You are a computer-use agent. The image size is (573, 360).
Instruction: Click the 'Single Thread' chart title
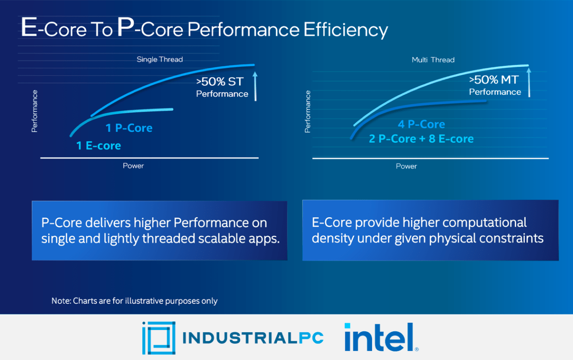pos(159,59)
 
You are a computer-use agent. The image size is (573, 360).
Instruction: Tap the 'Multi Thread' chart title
pos(433,60)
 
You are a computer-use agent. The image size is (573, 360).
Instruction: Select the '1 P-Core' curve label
pos(128,128)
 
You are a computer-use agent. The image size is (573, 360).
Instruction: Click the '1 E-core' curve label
pos(98,146)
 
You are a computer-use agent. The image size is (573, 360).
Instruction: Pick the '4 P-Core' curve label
pos(421,124)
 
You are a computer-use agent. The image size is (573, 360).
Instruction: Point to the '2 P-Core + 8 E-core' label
pos(421,139)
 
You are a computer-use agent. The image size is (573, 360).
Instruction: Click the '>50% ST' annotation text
pos(219,82)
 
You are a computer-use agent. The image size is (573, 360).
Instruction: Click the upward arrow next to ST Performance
pos(255,86)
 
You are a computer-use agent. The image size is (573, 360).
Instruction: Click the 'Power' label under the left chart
pos(133,166)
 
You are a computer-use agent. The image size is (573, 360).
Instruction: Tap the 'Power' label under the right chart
pos(406,166)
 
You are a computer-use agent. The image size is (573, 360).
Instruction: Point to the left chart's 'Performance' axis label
pos(34,111)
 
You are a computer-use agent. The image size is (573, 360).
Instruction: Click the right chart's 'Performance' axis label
pos(308,111)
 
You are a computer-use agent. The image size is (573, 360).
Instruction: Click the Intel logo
pos(381,337)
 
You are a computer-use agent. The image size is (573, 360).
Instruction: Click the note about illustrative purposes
pos(134,301)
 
